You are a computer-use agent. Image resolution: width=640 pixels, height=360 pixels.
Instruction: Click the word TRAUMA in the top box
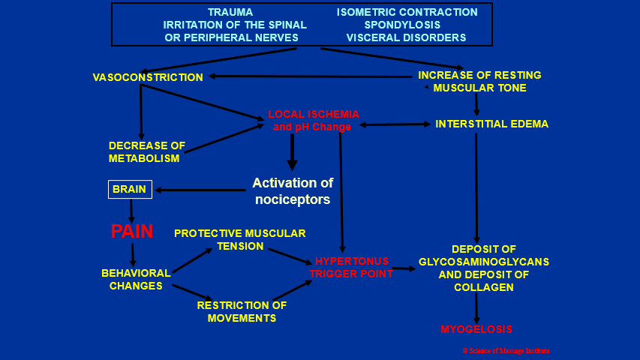pyautogui.click(x=230, y=12)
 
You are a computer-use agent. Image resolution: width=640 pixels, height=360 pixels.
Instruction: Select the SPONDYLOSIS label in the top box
pyautogui.click(x=407, y=25)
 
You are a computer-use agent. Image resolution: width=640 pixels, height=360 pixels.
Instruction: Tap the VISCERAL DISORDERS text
pyautogui.click(x=406, y=37)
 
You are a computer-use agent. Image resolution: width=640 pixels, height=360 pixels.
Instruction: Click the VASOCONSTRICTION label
pyautogui.click(x=148, y=77)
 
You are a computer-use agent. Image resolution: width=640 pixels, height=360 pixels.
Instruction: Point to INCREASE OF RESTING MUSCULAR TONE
pyautogui.click(x=479, y=82)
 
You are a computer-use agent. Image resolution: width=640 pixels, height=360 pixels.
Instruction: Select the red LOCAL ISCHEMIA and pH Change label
pyautogui.click(x=314, y=121)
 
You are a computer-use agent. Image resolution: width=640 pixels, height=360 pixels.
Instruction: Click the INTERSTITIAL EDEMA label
pyautogui.click(x=491, y=124)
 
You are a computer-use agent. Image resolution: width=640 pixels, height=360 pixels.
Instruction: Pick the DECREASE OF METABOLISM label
pyautogui.click(x=147, y=151)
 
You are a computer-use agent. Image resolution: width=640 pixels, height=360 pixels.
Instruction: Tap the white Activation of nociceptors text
pyautogui.click(x=293, y=190)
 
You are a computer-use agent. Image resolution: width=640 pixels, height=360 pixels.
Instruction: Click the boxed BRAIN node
pyautogui.click(x=130, y=190)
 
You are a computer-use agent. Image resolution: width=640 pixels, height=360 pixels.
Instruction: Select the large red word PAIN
pyautogui.click(x=132, y=232)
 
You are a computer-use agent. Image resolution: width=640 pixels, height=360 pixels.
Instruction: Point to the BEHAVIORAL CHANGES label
pyautogui.click(x=136, y=279)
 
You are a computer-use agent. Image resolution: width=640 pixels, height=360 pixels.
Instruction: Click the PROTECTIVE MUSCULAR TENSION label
pyautogui.click(x=240, y=239)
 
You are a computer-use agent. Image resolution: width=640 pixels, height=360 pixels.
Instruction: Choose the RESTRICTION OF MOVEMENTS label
pyautogui.click(x=242, y=311)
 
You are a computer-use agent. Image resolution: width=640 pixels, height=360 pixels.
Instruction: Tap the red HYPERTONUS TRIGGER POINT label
pyautogui.click(x=351, y=267)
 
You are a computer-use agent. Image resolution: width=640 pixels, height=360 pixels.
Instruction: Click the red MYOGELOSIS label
pyautogui.click(x=476, y=329)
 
